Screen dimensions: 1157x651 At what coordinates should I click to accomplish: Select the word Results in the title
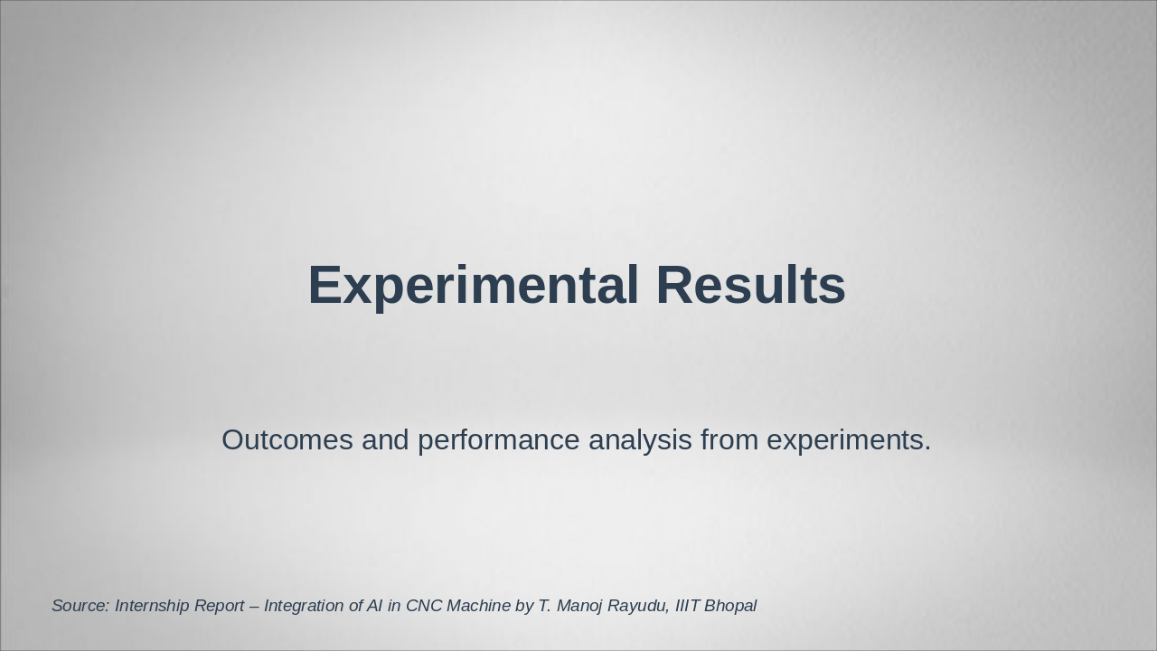pyautogui.click(x=751, y=285)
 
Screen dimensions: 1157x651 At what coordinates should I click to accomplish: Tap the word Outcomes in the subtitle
pyautogui.click(x=287, y=440)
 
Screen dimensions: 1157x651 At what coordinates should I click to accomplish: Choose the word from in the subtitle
pyautogui.click(x=729, y=440)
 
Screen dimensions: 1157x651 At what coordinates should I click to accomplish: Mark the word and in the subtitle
pyautogui.click(x=385, y=440)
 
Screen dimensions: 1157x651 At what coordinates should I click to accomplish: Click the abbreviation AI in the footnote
pyautogui.click(x=374, y=606)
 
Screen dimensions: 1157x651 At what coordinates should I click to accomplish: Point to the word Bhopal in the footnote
pyautogui.click(x=730, y=607)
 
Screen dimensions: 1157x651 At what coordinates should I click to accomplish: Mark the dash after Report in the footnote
pyautogui.click(x=254, y=607)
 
